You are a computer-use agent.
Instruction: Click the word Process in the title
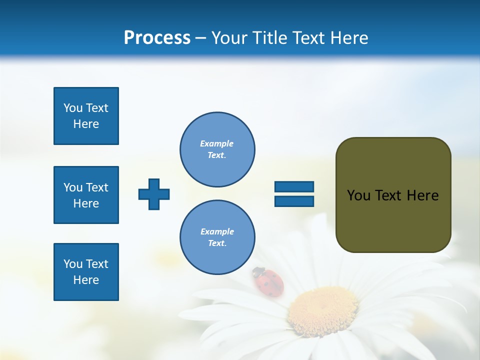click(157, 37)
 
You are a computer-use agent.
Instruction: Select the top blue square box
click(86, 116)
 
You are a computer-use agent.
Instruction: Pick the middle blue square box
click(86, 195)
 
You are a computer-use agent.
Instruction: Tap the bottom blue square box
click(86, 272)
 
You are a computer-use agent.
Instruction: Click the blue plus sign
click(154, 193)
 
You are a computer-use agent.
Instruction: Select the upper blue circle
click(217, 149)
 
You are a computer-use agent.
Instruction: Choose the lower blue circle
click(217, 237)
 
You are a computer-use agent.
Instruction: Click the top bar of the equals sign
click(294, 187)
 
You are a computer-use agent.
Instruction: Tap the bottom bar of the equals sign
click(294, 201)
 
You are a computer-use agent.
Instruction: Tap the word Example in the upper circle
click(217, 143)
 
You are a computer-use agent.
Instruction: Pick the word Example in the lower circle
click(217, 231)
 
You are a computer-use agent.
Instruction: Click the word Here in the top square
click(86, 124)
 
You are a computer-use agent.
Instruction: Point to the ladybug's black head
click(257, 272)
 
